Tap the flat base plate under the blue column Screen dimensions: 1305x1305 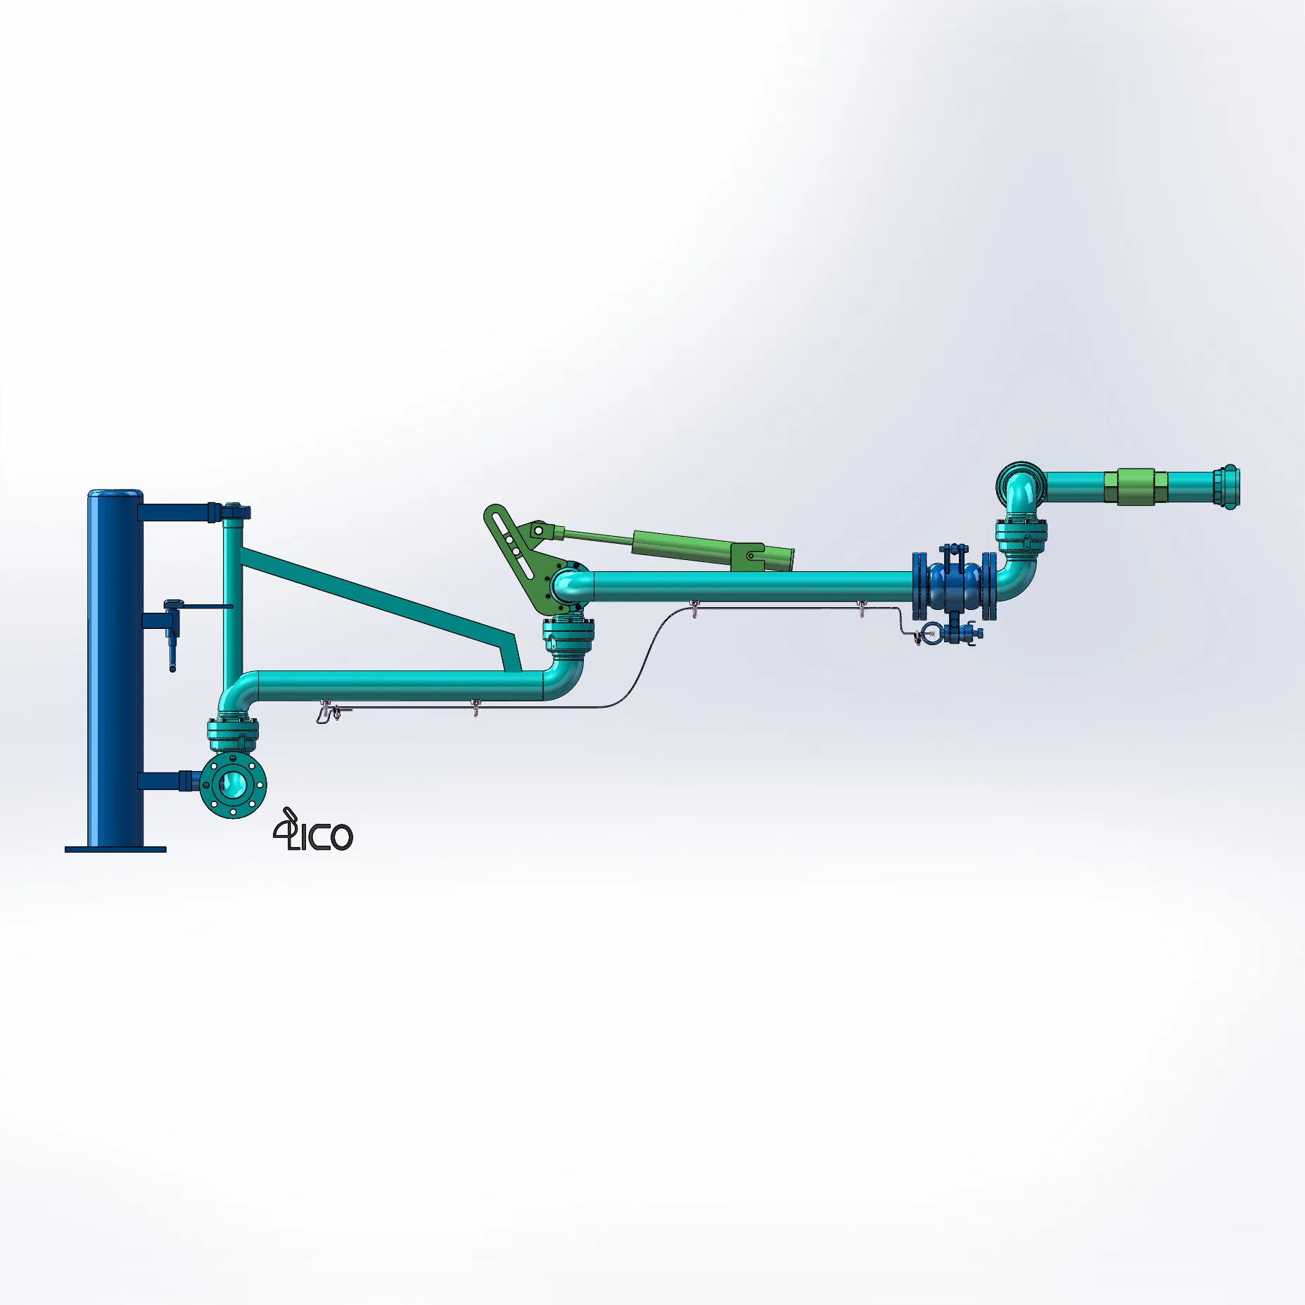[x=115, y=849]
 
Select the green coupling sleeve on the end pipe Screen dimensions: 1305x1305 [x=1135, y=486]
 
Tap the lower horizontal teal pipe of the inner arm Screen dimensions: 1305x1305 [x=401, y=686]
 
